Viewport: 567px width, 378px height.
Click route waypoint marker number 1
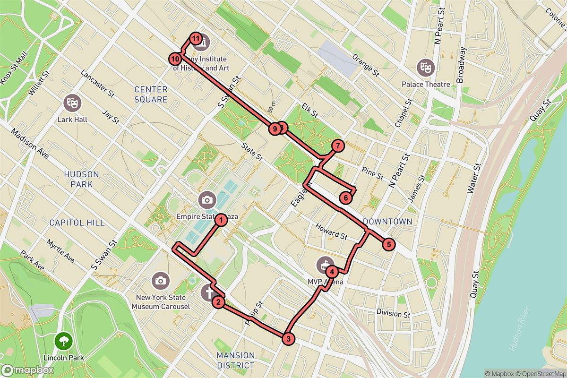tap(220, 220)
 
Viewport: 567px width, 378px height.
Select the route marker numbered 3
tap(288, 338)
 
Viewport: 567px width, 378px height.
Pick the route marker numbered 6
tap(346, 198)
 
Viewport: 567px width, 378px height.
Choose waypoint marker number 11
tap(196, 38)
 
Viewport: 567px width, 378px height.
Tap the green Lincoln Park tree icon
tap(63, 340)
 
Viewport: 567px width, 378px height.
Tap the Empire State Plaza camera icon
tap(206, 199)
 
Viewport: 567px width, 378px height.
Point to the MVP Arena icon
tap(325, 264)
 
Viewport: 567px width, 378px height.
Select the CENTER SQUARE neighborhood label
tap(151, 94)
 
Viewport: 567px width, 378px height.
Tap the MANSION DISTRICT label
tap(235, 360)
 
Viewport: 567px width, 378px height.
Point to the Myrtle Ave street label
tap(60, 251)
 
